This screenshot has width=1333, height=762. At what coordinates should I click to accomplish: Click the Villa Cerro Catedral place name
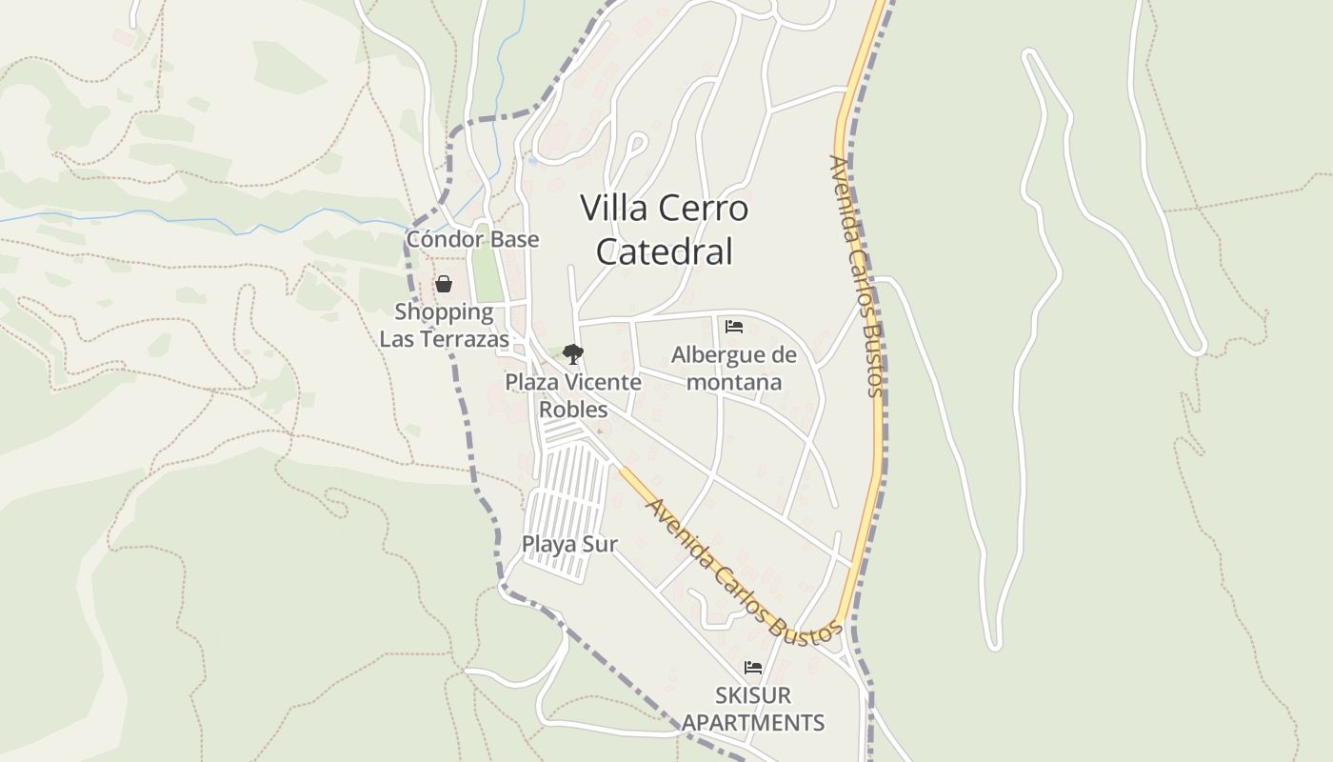coord(665,230)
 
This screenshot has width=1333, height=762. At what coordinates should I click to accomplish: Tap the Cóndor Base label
coord(472,239)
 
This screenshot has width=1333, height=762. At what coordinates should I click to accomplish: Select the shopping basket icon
coord(444,284)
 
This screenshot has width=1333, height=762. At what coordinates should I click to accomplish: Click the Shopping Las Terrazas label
coord(444,325)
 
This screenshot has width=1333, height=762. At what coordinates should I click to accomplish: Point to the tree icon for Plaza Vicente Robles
coord(572,354)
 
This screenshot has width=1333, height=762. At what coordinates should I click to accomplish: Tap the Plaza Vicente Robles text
coord(573,395)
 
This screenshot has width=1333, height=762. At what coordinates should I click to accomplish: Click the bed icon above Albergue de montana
coord(734,327)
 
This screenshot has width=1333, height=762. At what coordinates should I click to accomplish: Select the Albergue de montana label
coord(733,369)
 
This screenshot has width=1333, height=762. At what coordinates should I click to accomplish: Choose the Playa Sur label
coord(569,544)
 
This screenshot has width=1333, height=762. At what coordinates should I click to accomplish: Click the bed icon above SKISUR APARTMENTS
coord(753,667)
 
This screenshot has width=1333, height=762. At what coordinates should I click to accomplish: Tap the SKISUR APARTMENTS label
coord(753,709)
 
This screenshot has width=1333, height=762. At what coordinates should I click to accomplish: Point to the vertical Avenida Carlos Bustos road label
coord(856,276)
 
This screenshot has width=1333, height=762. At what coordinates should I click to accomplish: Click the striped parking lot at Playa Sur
coord(569,505)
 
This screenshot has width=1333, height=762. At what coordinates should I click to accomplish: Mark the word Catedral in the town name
coord(665,251)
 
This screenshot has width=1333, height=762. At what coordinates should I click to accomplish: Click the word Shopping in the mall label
coord(444,311)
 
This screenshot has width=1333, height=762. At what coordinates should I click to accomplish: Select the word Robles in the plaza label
coord(573,410)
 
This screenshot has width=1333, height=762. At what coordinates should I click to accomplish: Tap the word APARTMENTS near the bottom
coord(753,722)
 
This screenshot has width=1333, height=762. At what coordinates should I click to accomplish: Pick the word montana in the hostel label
coord(733,382)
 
